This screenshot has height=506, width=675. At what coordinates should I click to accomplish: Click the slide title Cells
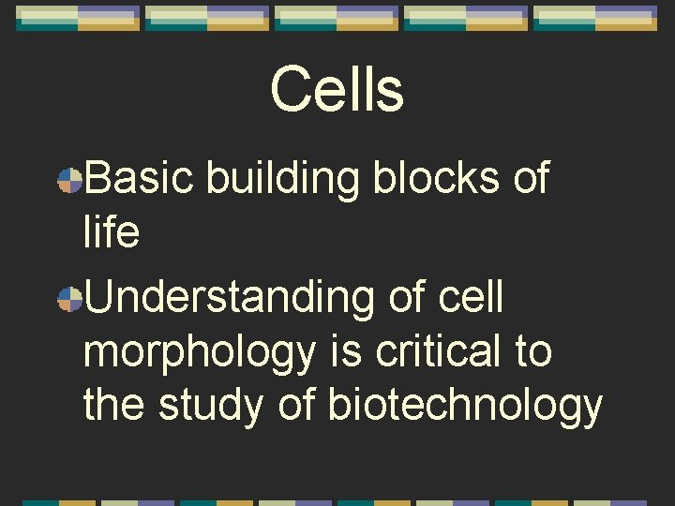click(x=337, y=90)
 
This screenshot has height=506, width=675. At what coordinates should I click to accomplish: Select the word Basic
click(x=140, y=178)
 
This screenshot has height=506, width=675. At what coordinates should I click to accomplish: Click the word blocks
click(x=437, y=178)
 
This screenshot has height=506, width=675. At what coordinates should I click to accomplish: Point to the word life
click(x=112, y=232)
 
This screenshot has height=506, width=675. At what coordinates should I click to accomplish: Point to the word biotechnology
click(x=465, y=407)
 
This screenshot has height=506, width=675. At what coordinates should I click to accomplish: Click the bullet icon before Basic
click(x=68, y=180)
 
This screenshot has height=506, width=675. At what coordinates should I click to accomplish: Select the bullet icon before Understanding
click(x=68, y=300)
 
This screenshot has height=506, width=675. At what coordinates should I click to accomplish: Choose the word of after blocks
click(x=531, y=178)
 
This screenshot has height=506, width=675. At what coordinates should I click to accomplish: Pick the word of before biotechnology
click(x=298, y=405)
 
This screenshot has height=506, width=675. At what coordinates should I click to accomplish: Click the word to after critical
click(x=533, y=352)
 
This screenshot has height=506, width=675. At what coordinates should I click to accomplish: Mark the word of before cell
click(x=407, y=298)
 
